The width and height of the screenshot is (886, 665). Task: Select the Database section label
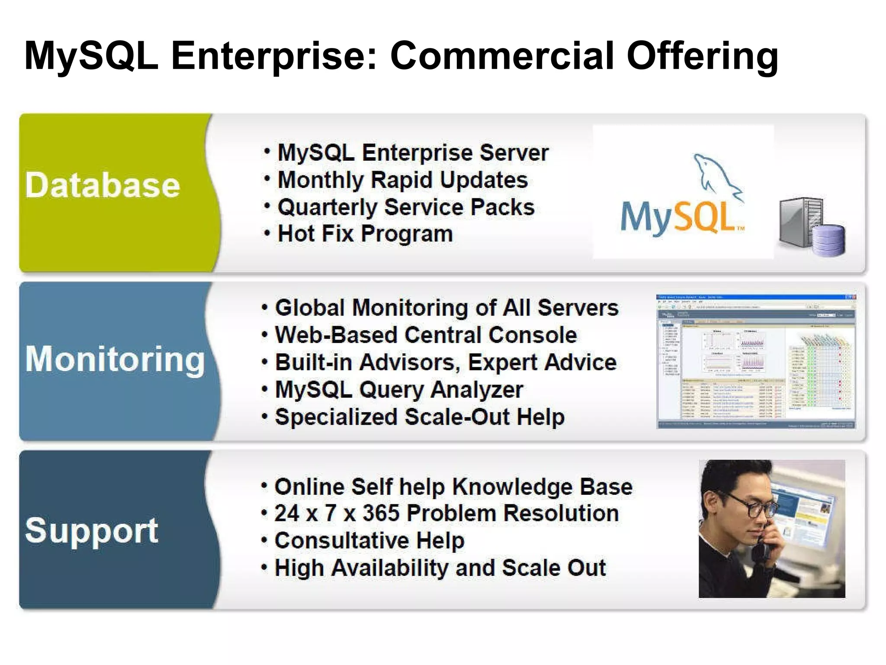coord(103,185)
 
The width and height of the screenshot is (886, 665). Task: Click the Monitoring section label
coord(115,359)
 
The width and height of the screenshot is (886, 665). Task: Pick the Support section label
coord(92,530)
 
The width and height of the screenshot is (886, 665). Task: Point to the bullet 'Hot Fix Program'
coord(365,234)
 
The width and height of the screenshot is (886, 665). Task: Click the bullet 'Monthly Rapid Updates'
coord(402,180)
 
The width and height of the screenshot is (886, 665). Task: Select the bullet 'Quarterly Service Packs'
coord(406,207)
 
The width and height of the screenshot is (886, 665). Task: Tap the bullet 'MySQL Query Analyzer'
coord(399,390)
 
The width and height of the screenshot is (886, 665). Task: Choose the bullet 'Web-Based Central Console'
coord(426,335)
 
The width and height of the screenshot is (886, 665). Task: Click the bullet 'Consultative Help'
coord(369,541)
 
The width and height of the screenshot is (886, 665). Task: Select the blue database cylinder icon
coord(828,240)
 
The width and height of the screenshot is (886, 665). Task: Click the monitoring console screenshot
coord(756,362)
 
